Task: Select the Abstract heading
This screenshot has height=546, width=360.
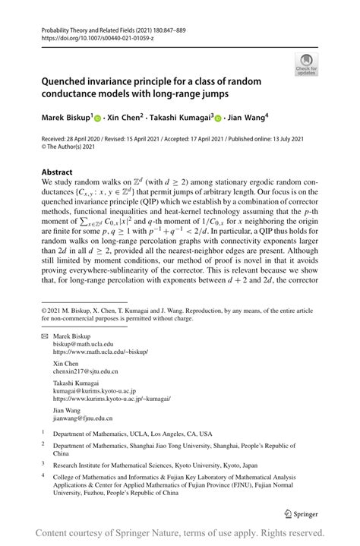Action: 57,172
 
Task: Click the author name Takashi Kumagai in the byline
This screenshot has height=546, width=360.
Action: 180,118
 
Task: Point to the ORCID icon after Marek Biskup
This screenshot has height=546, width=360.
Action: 97,118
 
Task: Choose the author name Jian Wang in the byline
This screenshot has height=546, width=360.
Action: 245,118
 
